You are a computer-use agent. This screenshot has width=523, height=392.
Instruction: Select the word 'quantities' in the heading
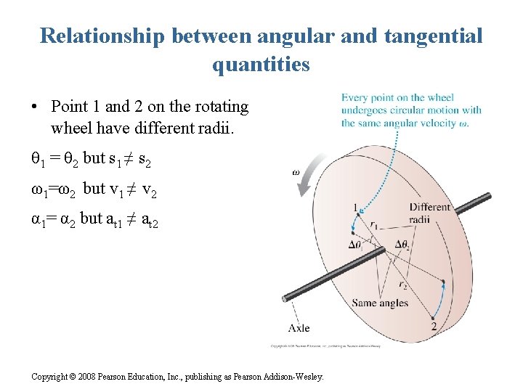coord(261,65)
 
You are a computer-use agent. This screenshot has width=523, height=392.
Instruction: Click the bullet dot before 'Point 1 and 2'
coord(34,107)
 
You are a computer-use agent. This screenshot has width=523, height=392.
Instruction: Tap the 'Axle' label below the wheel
coord(299,328)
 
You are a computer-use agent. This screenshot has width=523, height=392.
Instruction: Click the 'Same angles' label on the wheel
coord(380,303)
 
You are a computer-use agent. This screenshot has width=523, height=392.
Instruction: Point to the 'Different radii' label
coord(429,213)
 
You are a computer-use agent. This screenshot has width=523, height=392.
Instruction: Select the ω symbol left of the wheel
coord(296,173)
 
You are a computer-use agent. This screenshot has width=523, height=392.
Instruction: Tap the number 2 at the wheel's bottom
coord(434,327)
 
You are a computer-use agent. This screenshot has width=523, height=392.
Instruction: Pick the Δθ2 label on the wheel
coord(405,244)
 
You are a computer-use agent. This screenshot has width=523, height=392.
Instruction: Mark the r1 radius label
coord(373,225)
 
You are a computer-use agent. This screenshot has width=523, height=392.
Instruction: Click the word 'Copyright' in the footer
coord(51,376)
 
